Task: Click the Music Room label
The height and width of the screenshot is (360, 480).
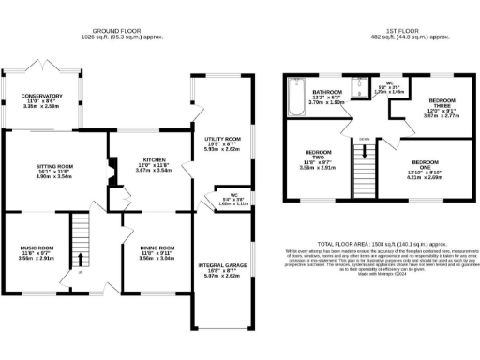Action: pyautogui.click(x=37, y=247)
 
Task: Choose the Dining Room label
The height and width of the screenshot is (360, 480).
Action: pyautogui.click(x=152, y=247)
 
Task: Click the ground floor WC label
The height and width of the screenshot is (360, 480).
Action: pyautogui.click(x=223, y=195)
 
